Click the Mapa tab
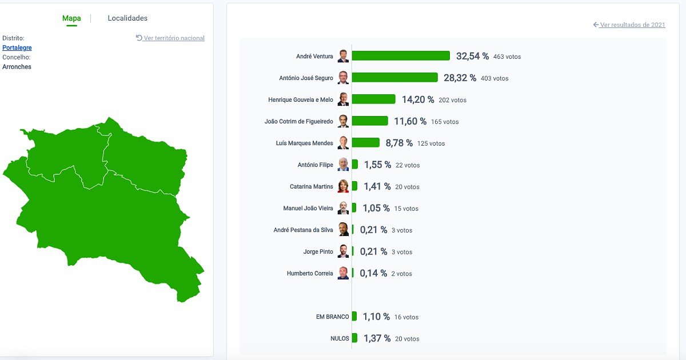click(x=71, y=18)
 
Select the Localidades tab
click(x=127, y=18)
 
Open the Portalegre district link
click(x=17, y=48)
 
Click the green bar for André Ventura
click(x=401, y=56)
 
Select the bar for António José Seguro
click(x=394, y=78)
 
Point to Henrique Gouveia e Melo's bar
click(x=373, y=99)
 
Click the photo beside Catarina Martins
click(x=343, y=186)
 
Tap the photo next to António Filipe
click(x=343, y=165)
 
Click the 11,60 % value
click(x=410, y=121)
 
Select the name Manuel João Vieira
click(x=308, y=209)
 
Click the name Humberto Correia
click(x=309, y=274)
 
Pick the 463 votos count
click(x=507, y=57)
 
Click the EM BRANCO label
click(x=332, y=317)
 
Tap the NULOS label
click(x=340, y=338)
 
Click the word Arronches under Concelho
click(x=17, y=67)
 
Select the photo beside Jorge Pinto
click(x=343, y=251)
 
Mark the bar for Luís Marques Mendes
click(x=365, y=143)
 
